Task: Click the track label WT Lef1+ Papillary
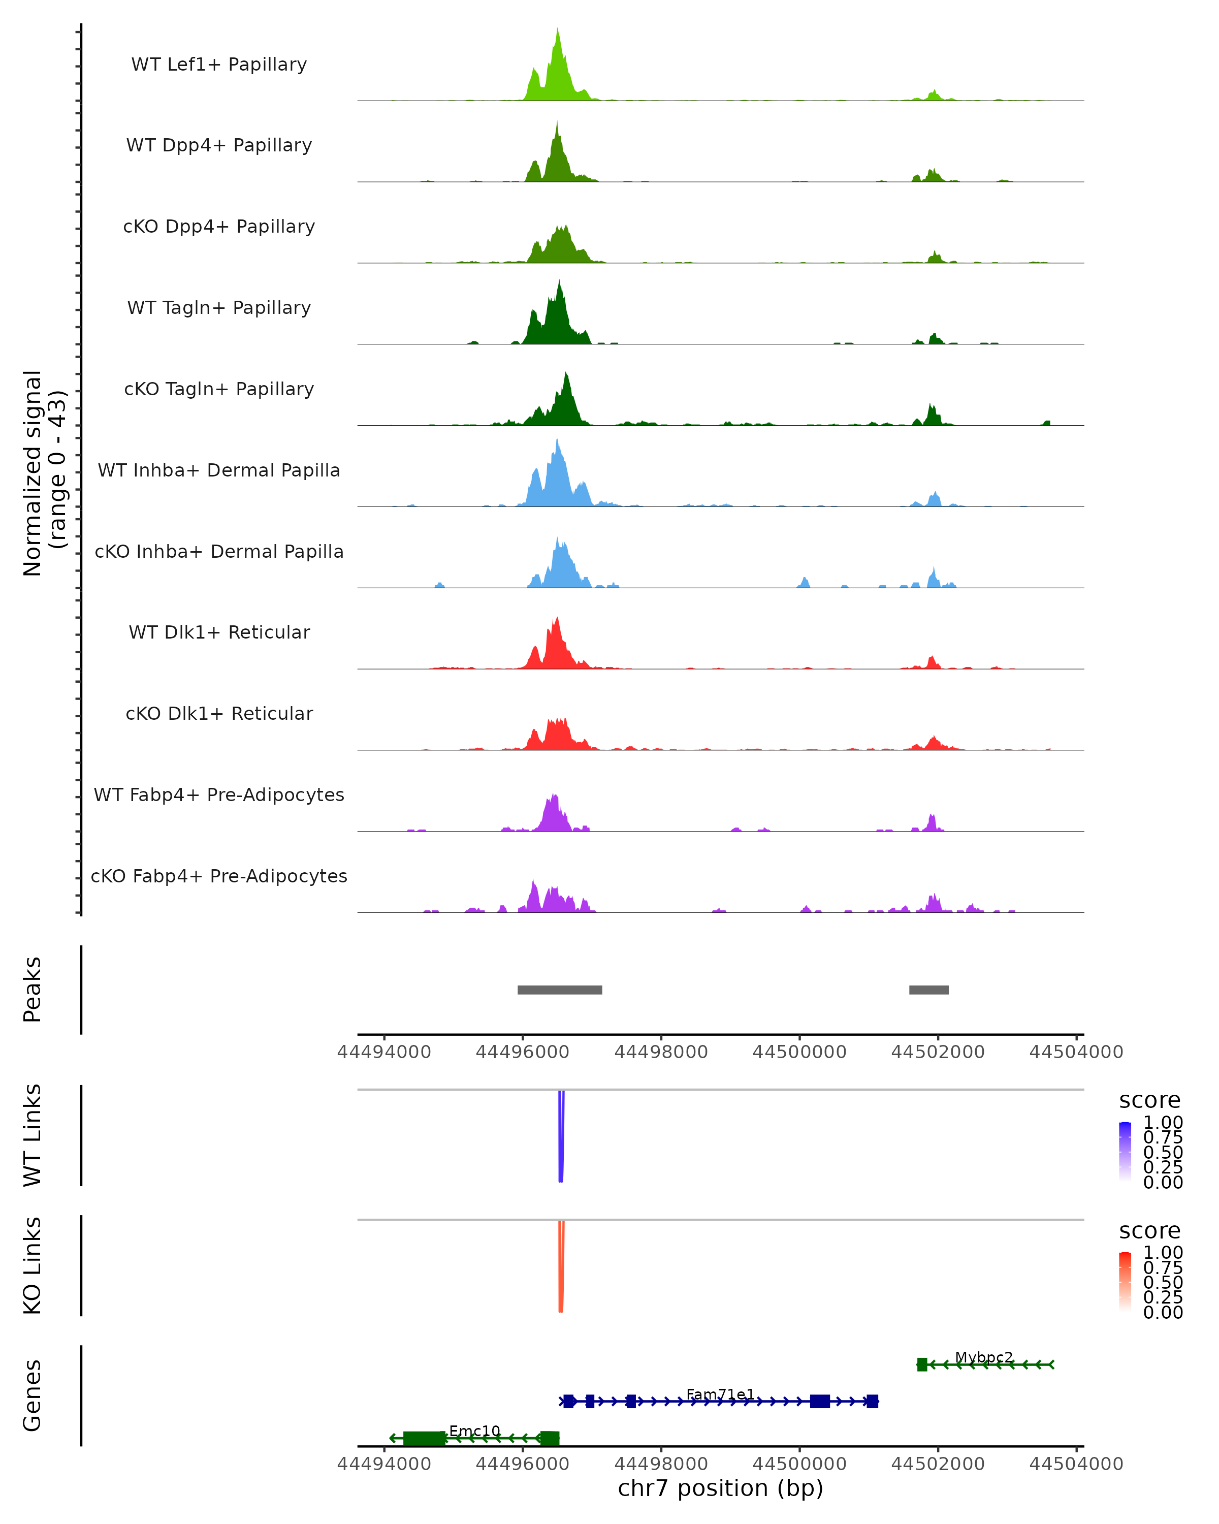point(219,65)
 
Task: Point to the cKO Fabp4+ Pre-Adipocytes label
point(219,876)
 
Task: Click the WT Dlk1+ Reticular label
point(219,632)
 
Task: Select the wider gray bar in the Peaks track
point(560,990)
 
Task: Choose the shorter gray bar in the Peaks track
point(928,990)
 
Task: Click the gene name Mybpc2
point(984,1357)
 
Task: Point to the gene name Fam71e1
point(720,1394)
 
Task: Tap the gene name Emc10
point(474,1431)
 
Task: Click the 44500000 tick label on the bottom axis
point(799,1464)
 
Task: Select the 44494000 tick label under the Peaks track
point(383,1052)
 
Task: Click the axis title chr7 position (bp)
point(720,1488)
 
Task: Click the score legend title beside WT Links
point(1149,1101)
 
